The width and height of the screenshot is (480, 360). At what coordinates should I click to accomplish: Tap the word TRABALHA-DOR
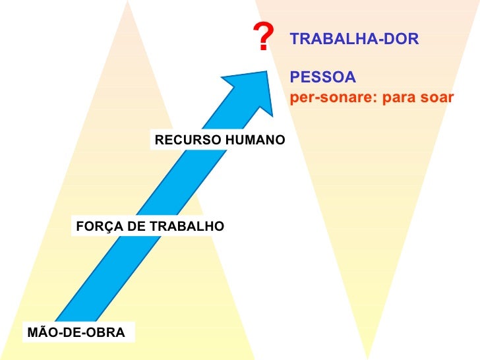pyautogui.click(x=354, y=40)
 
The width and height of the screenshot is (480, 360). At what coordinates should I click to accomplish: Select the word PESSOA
pyautogui.click(x=322, y=78)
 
